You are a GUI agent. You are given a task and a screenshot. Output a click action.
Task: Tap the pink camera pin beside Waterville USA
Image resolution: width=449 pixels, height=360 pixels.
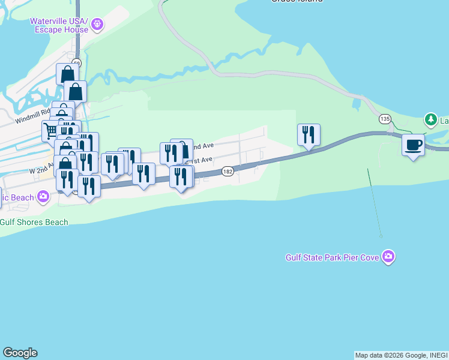point(98,25)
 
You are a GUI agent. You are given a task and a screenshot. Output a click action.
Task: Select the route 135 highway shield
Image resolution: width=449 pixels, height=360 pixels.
point(385,119)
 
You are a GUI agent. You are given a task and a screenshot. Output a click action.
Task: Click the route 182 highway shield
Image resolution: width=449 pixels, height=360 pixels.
point(228,171)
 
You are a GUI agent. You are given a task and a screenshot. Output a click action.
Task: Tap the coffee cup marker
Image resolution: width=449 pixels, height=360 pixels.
point(413,145)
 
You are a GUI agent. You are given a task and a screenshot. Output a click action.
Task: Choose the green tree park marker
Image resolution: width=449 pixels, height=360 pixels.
point(430,120)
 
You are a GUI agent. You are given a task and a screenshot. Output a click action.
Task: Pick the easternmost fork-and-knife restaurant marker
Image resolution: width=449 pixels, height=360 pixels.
point(309,134)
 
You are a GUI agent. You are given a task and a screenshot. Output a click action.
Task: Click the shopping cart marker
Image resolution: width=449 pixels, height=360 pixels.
point(50,130)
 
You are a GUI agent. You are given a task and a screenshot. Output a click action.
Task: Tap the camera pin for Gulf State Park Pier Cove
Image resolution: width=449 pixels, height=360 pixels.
point(389,257)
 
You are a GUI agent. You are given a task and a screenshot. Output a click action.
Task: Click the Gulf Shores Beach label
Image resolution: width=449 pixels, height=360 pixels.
point(34,222)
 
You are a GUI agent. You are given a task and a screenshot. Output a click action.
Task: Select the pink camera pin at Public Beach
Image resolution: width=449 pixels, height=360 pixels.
point(43,196)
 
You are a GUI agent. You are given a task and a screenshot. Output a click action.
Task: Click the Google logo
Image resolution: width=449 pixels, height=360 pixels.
point(20,353)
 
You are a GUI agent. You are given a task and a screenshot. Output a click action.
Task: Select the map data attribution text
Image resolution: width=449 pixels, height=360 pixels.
point(401,355)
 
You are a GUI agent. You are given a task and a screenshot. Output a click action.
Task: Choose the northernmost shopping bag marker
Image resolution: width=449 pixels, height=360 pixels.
point(67,74)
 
